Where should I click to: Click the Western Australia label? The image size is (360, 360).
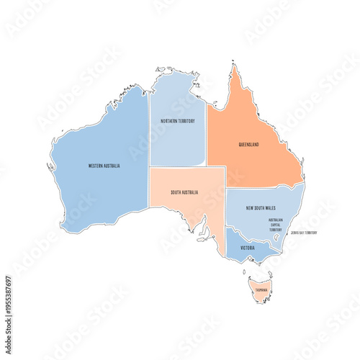[x=104, y=166]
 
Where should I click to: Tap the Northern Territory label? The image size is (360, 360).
[x=177, y=121]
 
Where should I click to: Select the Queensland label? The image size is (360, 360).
[x=249, y=144]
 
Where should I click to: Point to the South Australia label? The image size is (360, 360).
[x=185, y=193]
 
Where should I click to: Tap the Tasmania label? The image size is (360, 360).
[x=261, y=290]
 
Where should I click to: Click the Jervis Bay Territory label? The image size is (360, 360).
[x=303, y=233]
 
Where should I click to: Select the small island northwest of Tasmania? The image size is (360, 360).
[x=245, y=272]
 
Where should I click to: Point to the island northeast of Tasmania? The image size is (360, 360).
[x=270, y=274]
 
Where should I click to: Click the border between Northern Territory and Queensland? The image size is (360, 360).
[x=207, y=137]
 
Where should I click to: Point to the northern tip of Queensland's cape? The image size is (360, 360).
[x=233, y=66]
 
